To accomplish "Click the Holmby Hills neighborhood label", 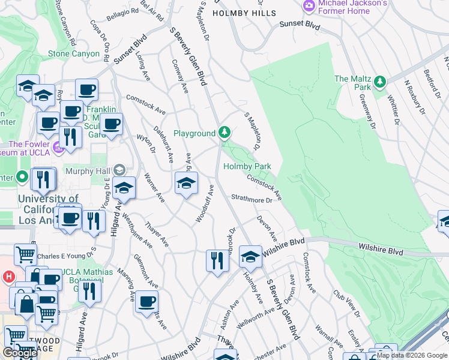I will tap(244, 13).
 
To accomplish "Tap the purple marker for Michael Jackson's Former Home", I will tap(309, 6).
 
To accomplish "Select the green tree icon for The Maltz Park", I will tap(379, 82).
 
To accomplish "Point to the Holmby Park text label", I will tap(247, 166).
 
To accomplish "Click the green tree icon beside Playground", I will tap(224, 132).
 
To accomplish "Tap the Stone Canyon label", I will tap(73, 53).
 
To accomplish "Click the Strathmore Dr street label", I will tap(252, 199).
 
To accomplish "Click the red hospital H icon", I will tap(8, 277).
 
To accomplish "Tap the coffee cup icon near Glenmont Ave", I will tap(146, 303).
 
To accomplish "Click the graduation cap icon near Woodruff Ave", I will tap(186, 184).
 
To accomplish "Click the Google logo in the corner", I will tap(19, 353).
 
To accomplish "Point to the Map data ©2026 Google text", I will tap(412, 355).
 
